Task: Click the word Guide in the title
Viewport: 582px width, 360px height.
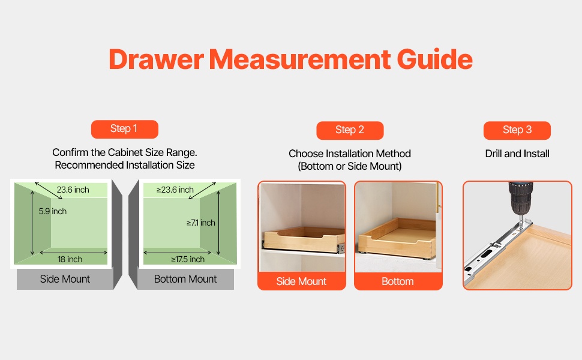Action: pyautogui.click(x=434, y=59)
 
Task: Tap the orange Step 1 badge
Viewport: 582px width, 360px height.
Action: pyautogui.click(x=125, y=129)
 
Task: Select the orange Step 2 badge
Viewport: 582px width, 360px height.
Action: pyautogui.click(x=350, y=130)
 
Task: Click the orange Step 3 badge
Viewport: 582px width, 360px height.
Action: pyautogui.click(x=517, y=130)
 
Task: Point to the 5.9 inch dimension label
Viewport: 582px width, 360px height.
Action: pyautogui.click(x=53, y=211)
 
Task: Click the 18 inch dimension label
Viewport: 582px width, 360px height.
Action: pyautogui.click(x=70, y=259)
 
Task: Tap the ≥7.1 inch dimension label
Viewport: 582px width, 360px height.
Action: pyautogui.click(x=201, y=223)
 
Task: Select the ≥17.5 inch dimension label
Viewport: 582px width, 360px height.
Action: pyautogui.click(x=188, y=259)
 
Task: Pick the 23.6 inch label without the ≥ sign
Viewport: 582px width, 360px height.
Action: pyautogui.click(x=73, y=190)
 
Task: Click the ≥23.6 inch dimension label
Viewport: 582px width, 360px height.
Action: pyautogui.click(x=175, y=190)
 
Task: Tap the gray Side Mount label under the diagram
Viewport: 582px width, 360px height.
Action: pyautogui.click(x=65, y=279)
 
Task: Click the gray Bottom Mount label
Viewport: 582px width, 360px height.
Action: pyautogui.click(x=185, y=279)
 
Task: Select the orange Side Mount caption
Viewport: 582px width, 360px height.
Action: pyautogui.click(x=301, y=281)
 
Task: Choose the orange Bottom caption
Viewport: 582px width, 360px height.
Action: pyautogui.click(x=398, y=281)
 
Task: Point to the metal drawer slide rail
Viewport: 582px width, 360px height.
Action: pyautogui.click(x=497, y=248)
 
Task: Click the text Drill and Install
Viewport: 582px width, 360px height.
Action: pyautogui.click(x=517, y=154)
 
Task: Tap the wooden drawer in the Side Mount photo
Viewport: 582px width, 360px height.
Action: pyautogui.click(x=302, y=239)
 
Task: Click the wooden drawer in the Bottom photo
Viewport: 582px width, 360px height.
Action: pyautogui.click(x=397, y=238)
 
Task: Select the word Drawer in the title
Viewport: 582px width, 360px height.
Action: pyautogui.click(x=156, y=59)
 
